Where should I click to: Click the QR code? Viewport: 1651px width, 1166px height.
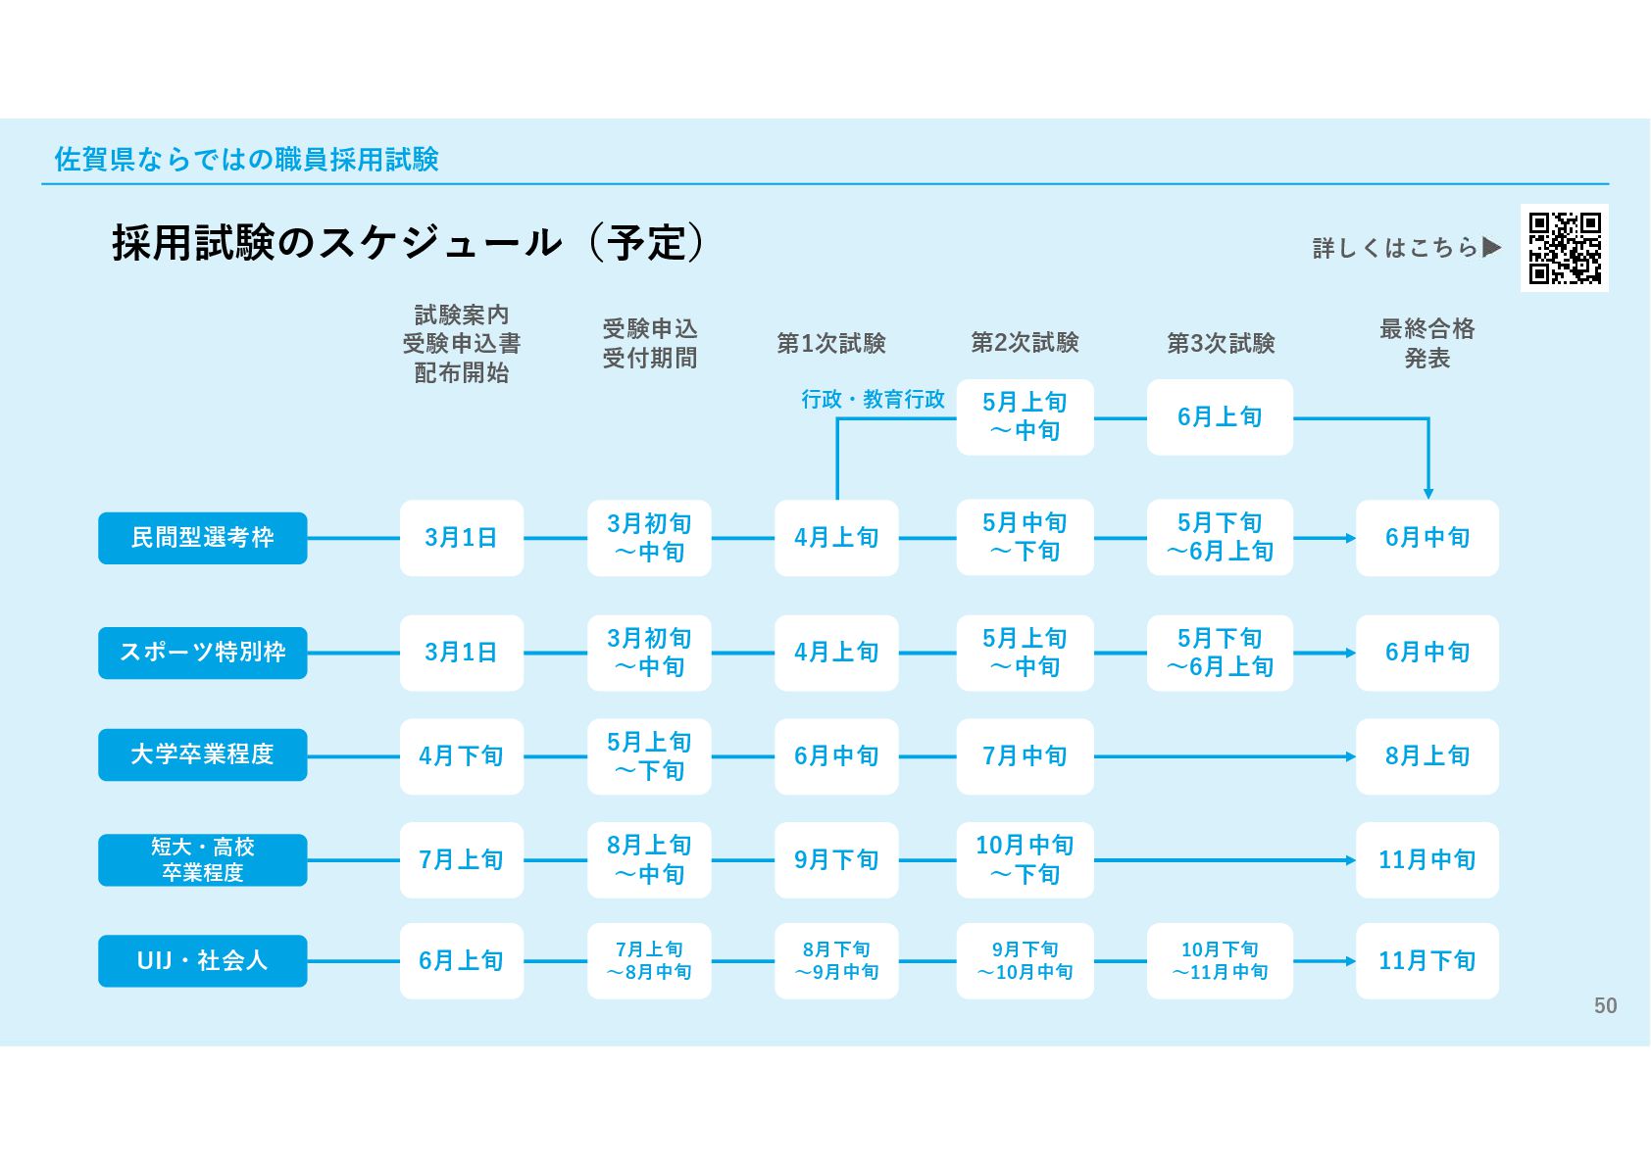[1564, 248]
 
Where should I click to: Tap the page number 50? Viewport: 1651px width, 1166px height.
[1605, 1006]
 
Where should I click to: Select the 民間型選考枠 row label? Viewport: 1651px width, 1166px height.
[202, 538]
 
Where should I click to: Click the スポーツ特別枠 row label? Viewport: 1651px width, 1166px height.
[202, 653]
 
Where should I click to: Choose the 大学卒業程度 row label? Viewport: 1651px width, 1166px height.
[202, 754]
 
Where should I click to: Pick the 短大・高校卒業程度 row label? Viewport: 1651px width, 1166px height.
[202, 859]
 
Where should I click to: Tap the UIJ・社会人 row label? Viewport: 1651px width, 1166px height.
[202, 960]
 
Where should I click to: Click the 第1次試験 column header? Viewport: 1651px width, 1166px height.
[831, 343]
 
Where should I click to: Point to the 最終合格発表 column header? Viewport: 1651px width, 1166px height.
[1426, 343]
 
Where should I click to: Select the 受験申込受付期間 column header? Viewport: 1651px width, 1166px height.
[649, 343]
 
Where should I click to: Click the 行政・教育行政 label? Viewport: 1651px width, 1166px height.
[873, 400]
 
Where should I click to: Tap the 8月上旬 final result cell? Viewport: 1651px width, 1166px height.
[1426, 756]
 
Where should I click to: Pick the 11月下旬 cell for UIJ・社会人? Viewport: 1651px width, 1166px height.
[1426, 961]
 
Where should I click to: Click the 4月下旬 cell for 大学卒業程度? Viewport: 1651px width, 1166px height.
[461, 756]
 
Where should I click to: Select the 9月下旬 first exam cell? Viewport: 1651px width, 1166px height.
[836, 860]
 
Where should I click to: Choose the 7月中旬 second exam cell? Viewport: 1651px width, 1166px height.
[1025, 756]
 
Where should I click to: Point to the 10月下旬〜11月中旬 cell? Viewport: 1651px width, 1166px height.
[1220, 961]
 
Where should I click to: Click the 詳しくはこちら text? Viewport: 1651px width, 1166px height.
[1394, 248]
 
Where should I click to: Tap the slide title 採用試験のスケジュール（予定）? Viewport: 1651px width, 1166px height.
[407, 243]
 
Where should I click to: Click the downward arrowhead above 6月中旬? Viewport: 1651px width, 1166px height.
[1428, 494]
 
